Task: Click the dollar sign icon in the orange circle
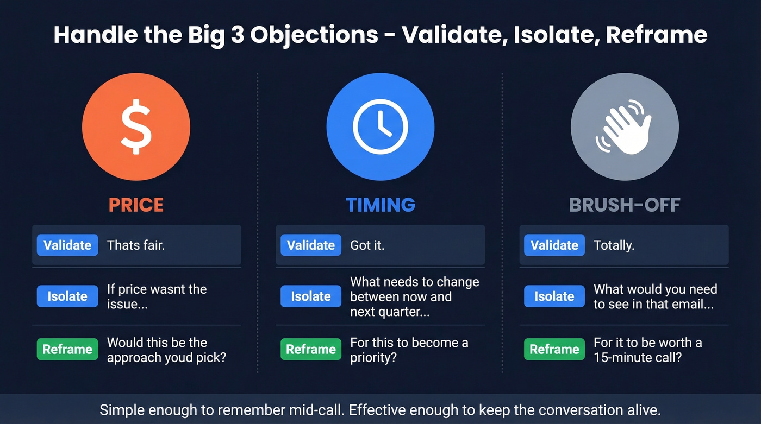[136, 126]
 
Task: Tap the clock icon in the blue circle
[380, 126]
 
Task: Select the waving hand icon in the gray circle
[624, 126]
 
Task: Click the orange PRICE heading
[136, 205]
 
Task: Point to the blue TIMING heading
[380, 205]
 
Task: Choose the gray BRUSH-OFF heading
[625, 205]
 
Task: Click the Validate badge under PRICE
[67, 245]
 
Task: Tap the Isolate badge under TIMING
[311, 296]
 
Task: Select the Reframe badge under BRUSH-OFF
[554, 349]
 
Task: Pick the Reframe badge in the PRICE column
[67, 349]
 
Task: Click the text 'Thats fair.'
[136, 245]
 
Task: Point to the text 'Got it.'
[367, 245]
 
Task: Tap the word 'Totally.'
[614, 245]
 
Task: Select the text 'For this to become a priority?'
[409, 350]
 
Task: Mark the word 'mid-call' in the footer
[320, 410]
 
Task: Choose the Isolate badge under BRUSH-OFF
[554, 296]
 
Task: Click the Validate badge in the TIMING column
[311, 245]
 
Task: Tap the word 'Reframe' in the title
[657, 35]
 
